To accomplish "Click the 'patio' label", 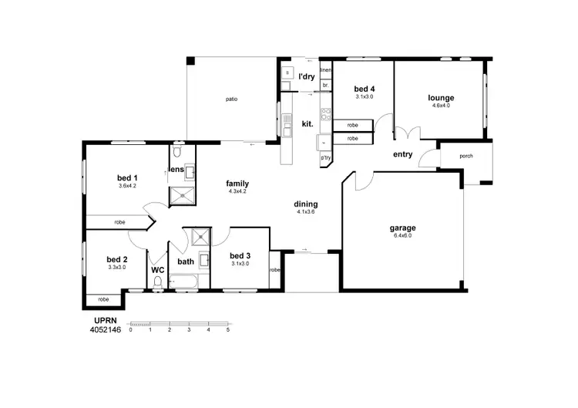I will (231, 99).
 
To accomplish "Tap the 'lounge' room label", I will (441, 98).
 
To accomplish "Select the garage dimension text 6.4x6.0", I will (403, 236).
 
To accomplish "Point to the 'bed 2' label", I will (116, 259).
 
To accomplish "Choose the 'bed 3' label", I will (240, 255).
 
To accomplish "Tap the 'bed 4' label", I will (365, 89).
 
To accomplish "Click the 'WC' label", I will (158, 270).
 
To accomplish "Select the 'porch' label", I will (466, 156).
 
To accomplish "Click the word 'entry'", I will (402, 154).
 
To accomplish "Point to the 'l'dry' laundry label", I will (307, 76).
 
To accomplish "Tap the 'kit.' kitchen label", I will (307, 123).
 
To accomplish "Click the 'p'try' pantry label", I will (326, 158).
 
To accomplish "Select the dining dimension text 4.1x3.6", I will (306, 212).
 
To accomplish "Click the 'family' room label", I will (237, 184).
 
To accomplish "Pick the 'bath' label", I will (186, 261).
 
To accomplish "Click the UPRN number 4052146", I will (106, 329).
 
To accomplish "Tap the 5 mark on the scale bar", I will (227, 329).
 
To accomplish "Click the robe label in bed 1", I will (120, 222).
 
